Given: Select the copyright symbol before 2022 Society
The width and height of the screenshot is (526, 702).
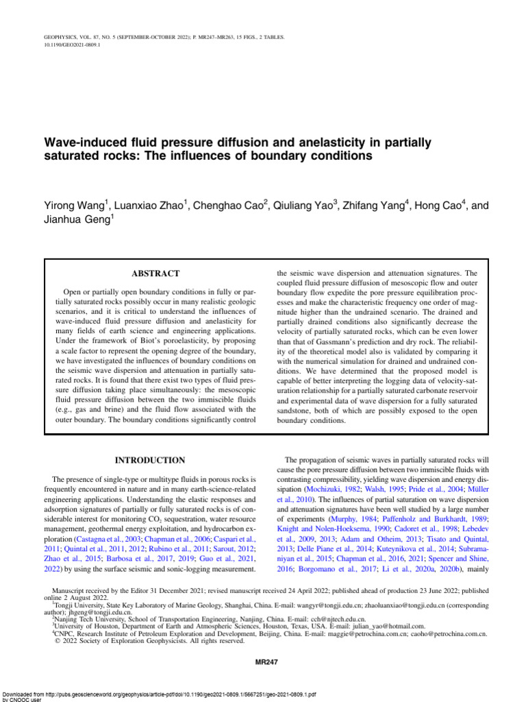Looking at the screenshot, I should pos(57,642).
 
